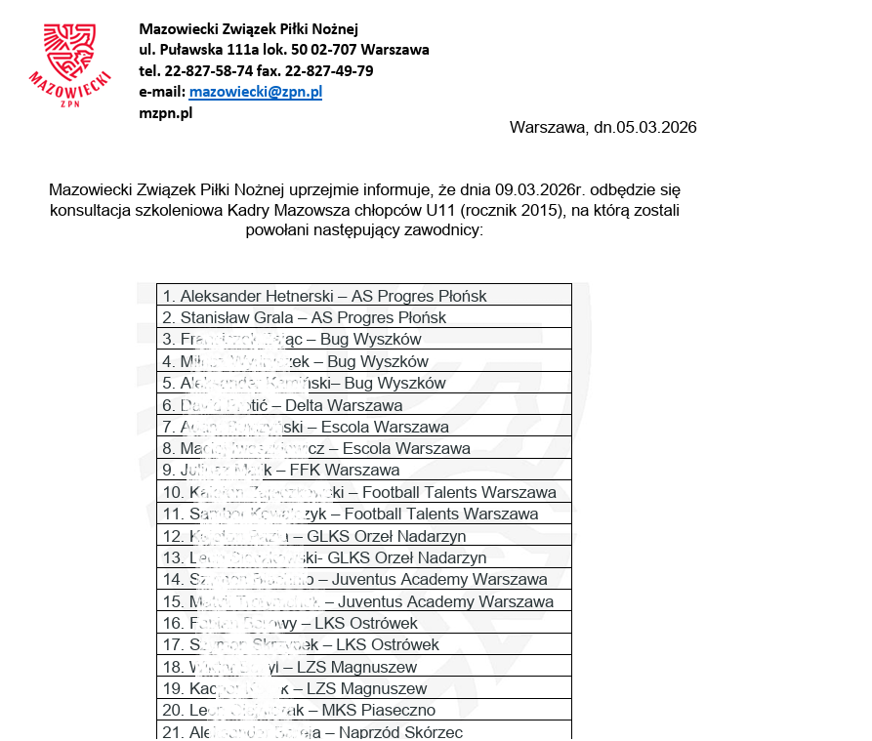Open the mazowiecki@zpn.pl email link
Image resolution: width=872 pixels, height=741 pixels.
(255, 92)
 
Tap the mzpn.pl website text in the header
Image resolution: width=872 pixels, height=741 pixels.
(165, 112)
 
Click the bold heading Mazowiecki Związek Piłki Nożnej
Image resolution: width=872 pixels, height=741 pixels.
(248, 28)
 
